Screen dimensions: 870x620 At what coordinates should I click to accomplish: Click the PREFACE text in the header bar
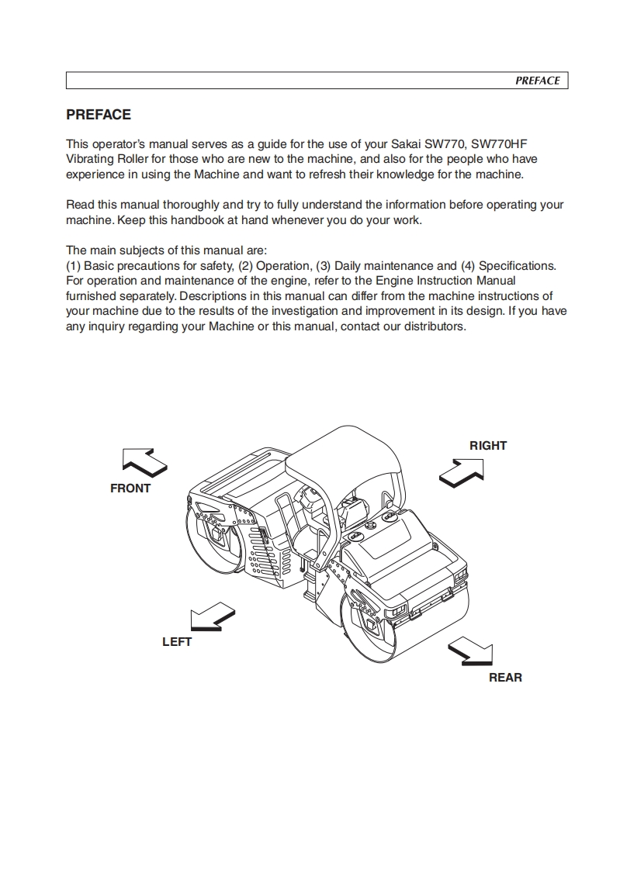pos(537,81)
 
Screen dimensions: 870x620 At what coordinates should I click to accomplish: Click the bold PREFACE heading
pos(99,115)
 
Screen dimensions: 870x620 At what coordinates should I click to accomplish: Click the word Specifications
pos(518,265)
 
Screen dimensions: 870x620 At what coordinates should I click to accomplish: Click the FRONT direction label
pos(130,489)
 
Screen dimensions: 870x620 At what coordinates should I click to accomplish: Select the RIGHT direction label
pos(488,446)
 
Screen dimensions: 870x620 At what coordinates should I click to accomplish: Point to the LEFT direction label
pos(177,642)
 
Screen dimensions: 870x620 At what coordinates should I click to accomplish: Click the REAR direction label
pos(505,678)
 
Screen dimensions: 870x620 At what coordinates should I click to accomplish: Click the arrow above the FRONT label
pos(144,462)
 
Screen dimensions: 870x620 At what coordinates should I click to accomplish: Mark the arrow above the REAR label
pos(470,650)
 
